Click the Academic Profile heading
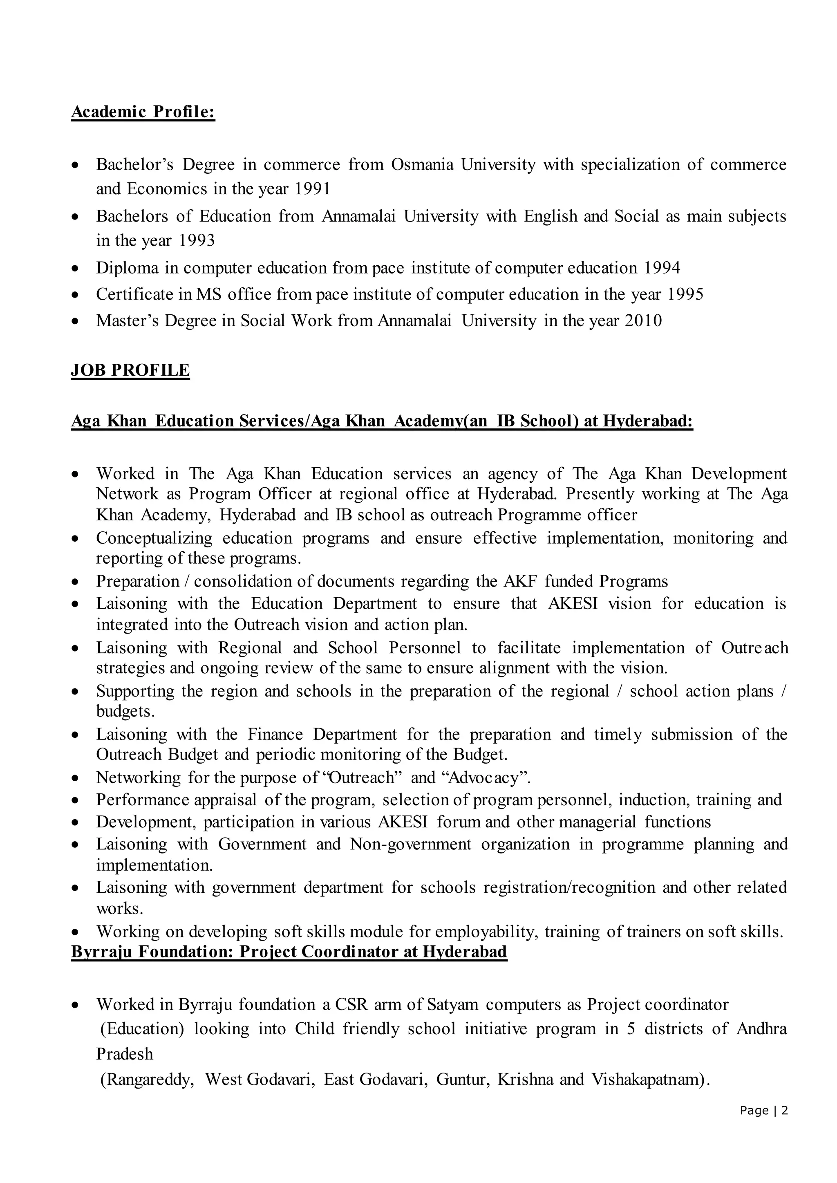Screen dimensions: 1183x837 (143, 112)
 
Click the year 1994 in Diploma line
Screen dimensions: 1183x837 (662, 268)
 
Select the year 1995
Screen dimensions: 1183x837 (685, 294)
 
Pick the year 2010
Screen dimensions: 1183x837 (643, 320)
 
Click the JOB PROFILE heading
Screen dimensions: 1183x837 (130, 370)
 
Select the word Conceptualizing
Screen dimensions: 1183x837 (154, 538)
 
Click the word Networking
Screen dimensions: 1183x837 (138, 777)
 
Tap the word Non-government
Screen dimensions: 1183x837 (410, 845)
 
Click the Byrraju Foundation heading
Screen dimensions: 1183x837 (289, 952)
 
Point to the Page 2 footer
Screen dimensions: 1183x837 (763, 1110)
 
